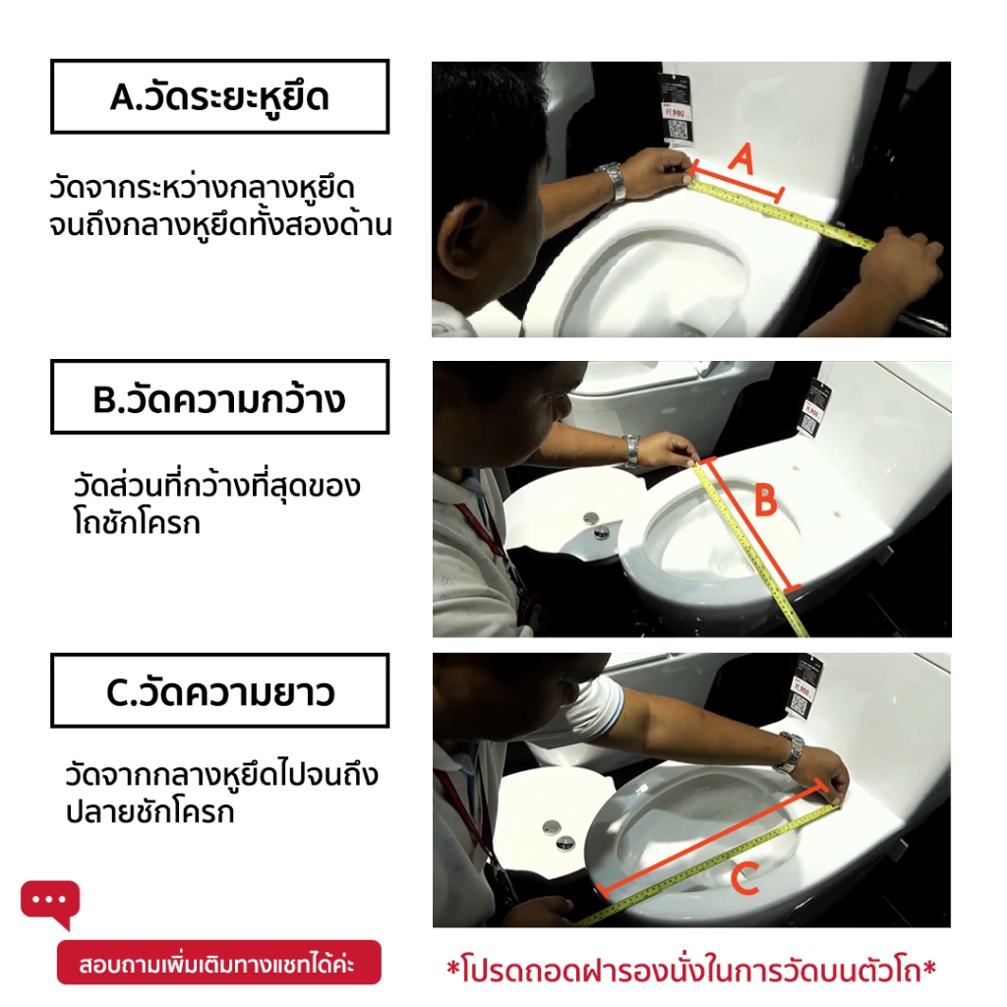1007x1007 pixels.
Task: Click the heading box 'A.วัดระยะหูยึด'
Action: tap(219, 96)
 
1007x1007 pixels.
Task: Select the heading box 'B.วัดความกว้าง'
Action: tap(219, 397)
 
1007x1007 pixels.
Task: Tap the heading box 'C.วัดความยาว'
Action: tap(219, 691)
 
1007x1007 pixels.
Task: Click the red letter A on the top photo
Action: tap(741, 159)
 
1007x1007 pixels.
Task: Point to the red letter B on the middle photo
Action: tap(765, 500)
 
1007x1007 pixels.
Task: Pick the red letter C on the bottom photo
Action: tap(745, 878)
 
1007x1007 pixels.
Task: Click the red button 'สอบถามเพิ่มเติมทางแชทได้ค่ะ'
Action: tap(219, 962)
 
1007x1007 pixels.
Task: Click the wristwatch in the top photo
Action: tap(611, 181)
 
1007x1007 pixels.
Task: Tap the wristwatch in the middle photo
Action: tap(631, 449)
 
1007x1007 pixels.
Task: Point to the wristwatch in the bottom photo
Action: tap(791, 752)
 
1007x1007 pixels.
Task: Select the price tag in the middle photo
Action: tap(814, 408)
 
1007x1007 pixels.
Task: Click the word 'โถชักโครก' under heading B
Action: tap(137, 523)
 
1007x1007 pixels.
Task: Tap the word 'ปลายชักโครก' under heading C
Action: tap(150, 811)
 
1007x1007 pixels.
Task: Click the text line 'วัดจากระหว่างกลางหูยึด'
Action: tap(202, 189)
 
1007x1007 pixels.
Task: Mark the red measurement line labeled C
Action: tap(711, 837)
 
